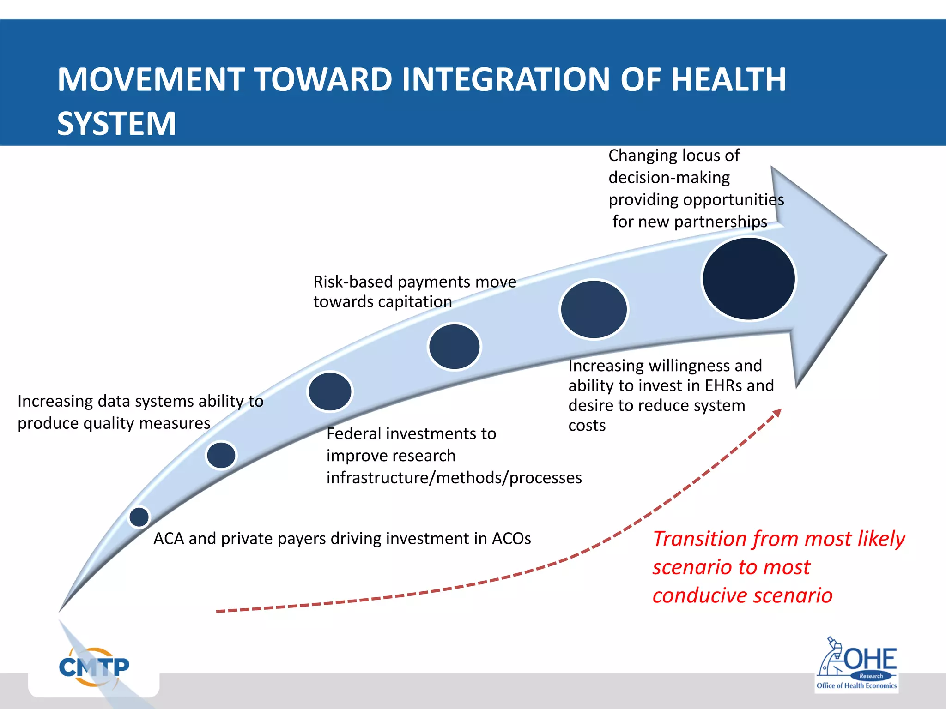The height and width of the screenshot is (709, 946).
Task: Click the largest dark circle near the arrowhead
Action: (749, 279)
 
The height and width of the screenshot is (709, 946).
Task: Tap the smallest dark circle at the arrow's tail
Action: (139, 517)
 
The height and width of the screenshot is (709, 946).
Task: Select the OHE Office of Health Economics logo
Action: (857, 666)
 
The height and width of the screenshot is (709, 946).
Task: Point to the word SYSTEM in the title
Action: (116, 124)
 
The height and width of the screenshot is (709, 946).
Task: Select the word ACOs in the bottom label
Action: (511, 539)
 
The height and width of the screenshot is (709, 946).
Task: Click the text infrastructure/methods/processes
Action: (454, 478)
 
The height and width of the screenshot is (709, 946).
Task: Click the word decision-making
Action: (669, 178)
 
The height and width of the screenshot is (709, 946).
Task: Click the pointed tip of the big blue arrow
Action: (885, 255)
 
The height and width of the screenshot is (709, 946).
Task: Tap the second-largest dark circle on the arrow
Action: (594, 309)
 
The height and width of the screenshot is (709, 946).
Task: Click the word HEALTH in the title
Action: (728, 79)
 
